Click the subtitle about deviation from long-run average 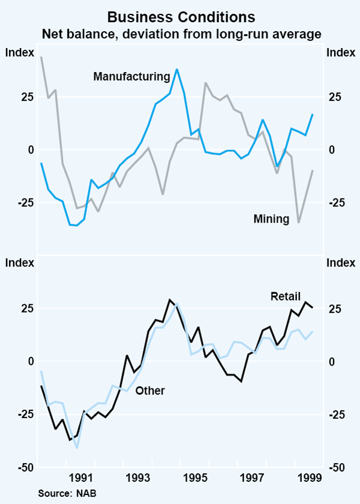181,35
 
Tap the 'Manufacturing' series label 132,76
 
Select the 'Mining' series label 271,219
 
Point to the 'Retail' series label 285,296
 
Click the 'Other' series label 150,391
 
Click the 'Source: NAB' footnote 64,493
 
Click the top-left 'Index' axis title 19,52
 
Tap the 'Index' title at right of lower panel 340,262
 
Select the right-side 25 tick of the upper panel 334,97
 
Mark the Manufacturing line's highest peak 177,70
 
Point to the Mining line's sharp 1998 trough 299,223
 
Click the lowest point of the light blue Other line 77,448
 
